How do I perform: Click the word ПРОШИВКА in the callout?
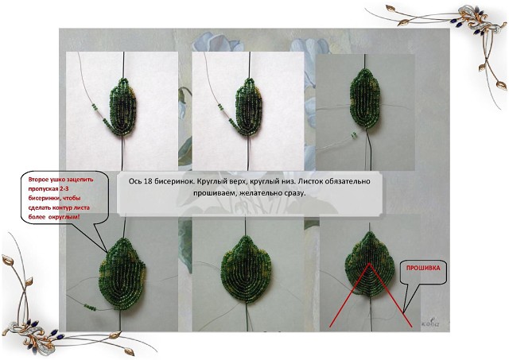[x=423, y=269]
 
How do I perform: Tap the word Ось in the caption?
[x=134, y=181]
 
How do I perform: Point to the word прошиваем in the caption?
[x=211, y=193]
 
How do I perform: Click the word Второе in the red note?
[x=38, y=180]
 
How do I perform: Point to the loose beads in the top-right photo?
[x=353, y=135]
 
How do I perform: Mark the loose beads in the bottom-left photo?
[x=90, y=307]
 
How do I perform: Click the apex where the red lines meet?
[x=369, y=264]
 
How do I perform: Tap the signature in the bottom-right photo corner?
[x=430, y=323]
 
